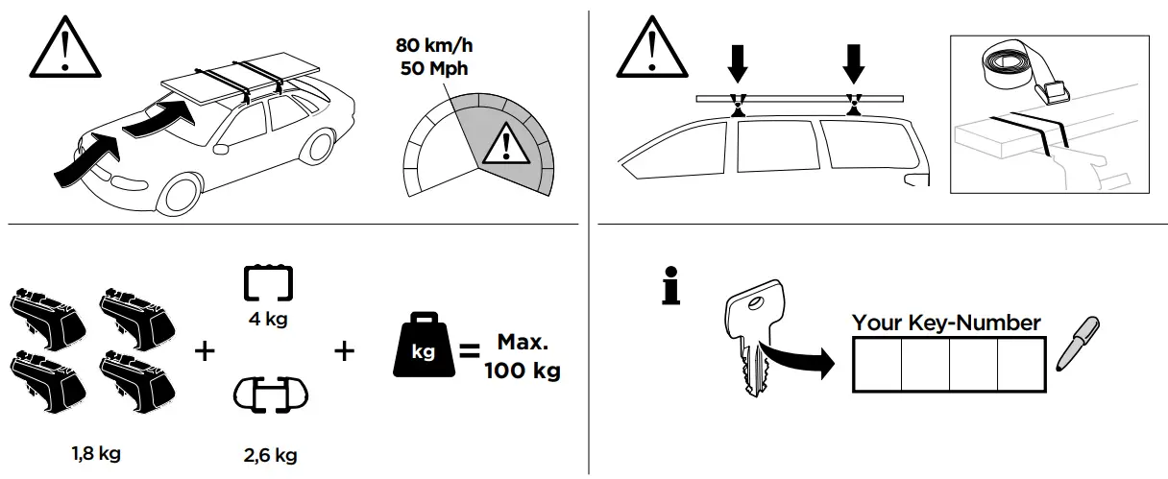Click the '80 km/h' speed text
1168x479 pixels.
435,44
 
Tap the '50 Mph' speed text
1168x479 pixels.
435,67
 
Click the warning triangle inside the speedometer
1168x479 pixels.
500,146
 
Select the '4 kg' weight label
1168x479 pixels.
269,320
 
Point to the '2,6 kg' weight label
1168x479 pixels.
270,454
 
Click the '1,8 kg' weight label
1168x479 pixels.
96,453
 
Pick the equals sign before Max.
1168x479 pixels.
470,352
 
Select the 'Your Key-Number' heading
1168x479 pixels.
946,323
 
